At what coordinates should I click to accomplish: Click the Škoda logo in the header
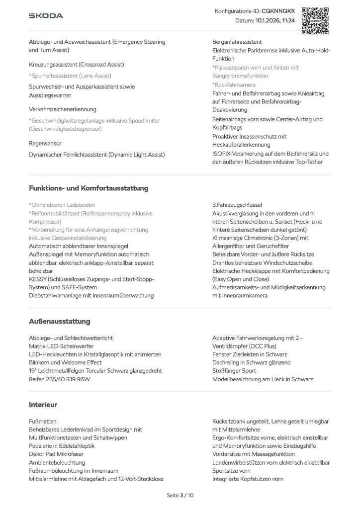point(46,16)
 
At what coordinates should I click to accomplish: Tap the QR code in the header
point(315,20)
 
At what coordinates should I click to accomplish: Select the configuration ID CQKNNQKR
point(277,10)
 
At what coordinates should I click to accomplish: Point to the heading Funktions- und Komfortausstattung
point(89,188)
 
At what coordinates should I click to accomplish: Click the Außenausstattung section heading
point(60,322)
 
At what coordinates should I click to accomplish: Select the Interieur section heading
point(43,405)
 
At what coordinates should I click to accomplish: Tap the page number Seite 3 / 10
point(180,495)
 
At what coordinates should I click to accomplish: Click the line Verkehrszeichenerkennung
point(63,109)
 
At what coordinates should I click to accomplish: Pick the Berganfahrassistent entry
point(237,42)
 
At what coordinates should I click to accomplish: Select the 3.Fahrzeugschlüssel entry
point(237,205)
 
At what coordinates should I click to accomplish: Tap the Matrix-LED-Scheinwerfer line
point(61,346)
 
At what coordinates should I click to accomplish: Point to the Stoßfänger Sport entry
point(234,371)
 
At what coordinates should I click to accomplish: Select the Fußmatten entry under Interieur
point(43,421)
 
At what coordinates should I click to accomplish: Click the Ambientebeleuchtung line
point(57,462)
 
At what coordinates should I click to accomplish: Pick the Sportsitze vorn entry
point(231,471)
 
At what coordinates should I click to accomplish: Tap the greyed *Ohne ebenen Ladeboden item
point(62,205)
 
